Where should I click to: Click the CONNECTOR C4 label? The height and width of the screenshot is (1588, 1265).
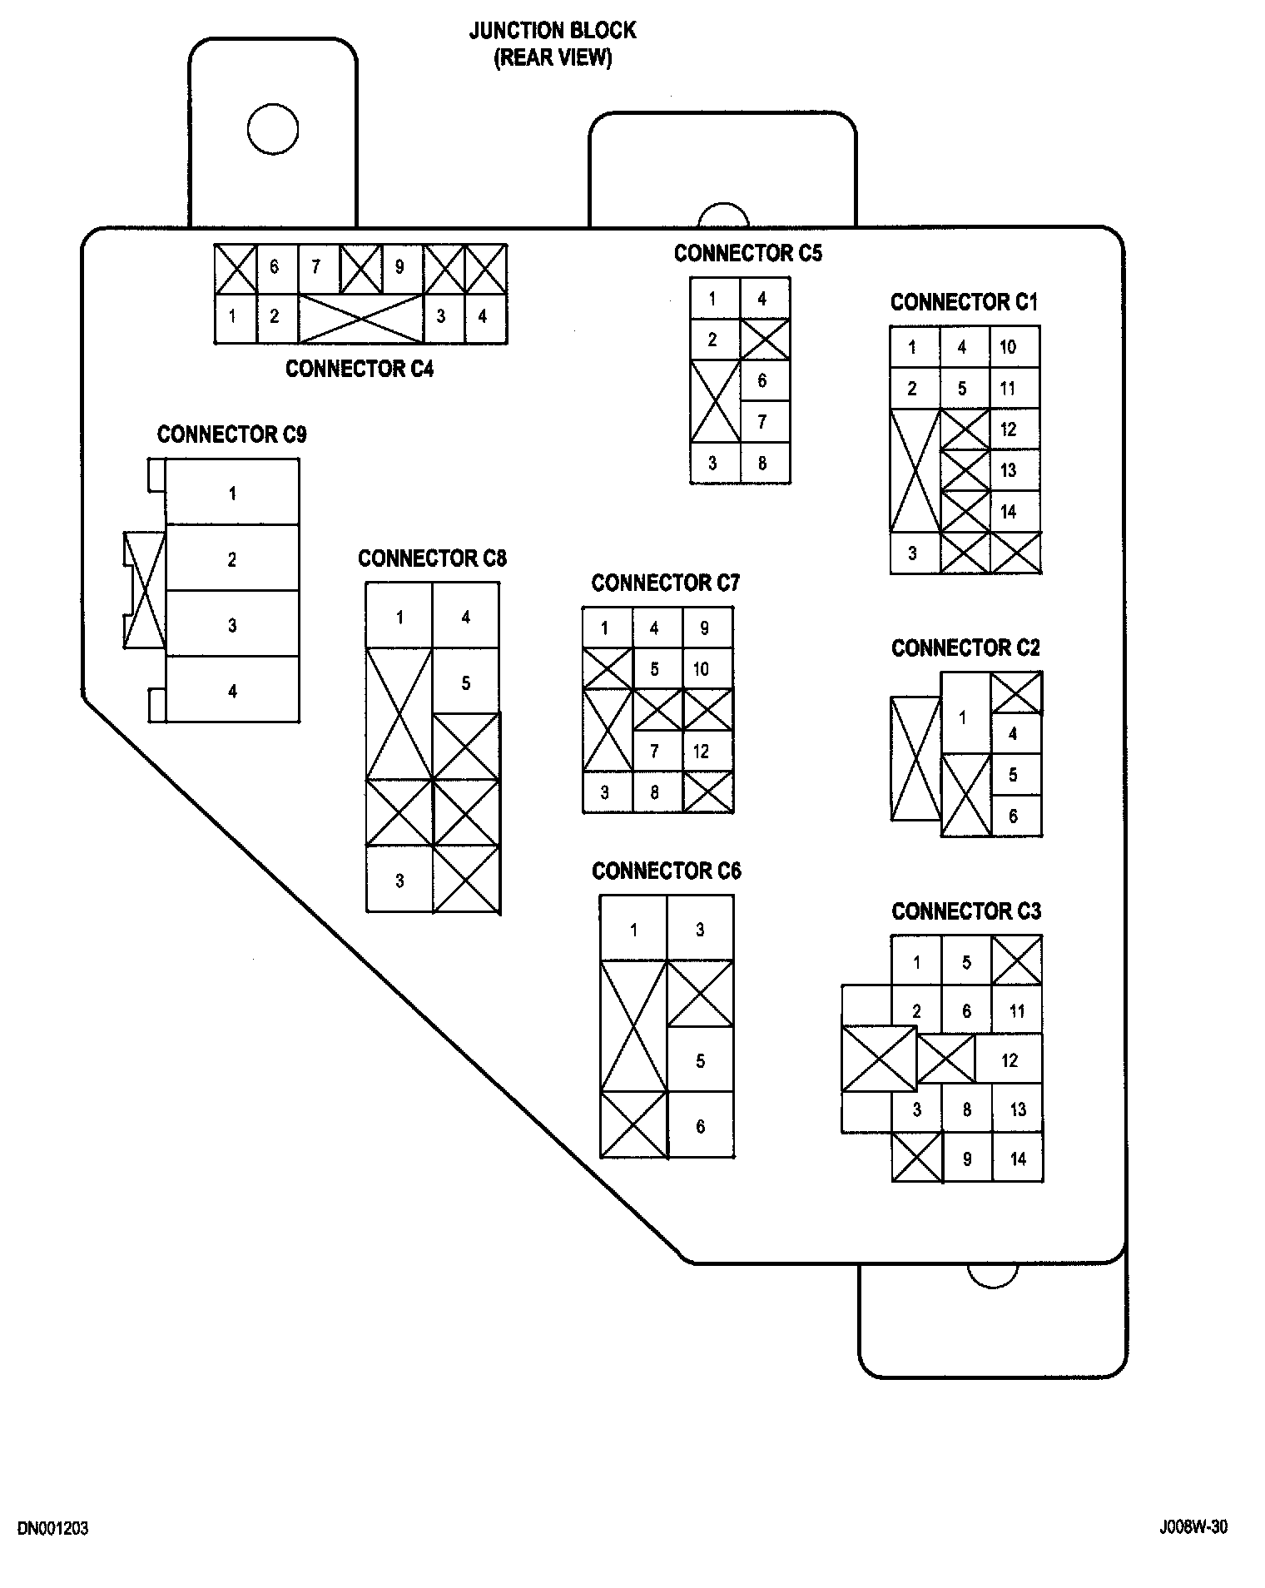[x=360, y=369]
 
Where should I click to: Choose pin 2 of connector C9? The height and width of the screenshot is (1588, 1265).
[x=232, y=559]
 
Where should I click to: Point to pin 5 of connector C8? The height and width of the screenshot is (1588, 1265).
[x=466, y=682]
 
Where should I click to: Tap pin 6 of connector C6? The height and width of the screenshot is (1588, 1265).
[x=701, y=1125]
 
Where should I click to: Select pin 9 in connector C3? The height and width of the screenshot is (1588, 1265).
[x=967, y=1158]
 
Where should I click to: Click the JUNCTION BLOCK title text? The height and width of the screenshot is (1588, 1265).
[x=553, y=31]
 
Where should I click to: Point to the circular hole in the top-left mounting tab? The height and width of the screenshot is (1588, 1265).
[x=273, y=129]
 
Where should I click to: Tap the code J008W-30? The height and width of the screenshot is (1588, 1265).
[x=1193, y=1528]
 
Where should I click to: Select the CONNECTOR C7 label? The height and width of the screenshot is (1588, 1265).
[x=665, y=583]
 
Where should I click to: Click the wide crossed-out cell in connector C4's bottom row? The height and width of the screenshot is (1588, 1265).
[x=360, y=318]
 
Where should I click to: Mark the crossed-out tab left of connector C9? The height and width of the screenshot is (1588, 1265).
[x=144, y=590]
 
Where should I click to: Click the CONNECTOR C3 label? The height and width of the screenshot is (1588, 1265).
[x=966, y=911]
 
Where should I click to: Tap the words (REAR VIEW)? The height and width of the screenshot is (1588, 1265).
[x=553, y=58]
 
